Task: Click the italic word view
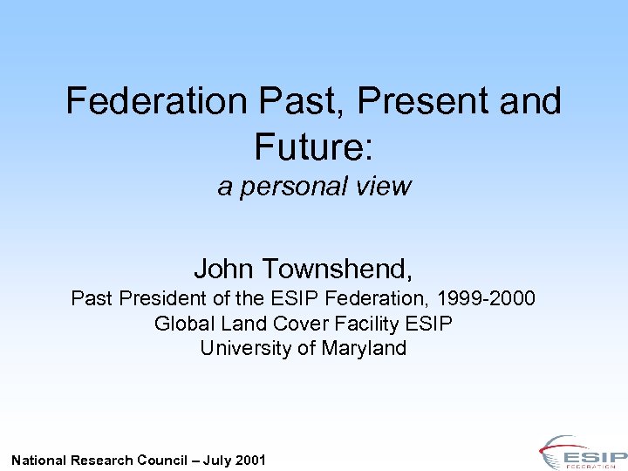pyautogui.click(x=382, y=187)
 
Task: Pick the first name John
pyautogui.click(x=224, y=268)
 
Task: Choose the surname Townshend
pyautogui.click(x=336, y=268)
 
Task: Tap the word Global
pyautogui.click(x=181, y=324)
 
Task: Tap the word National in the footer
pyautogui.click(x=38, y=460)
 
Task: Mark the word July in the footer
pyautogui.click(x=217, y=460)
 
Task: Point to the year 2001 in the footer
pyautogui.click(x=250, y=460)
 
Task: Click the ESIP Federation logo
pyautogui.click(x=582, y=453)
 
